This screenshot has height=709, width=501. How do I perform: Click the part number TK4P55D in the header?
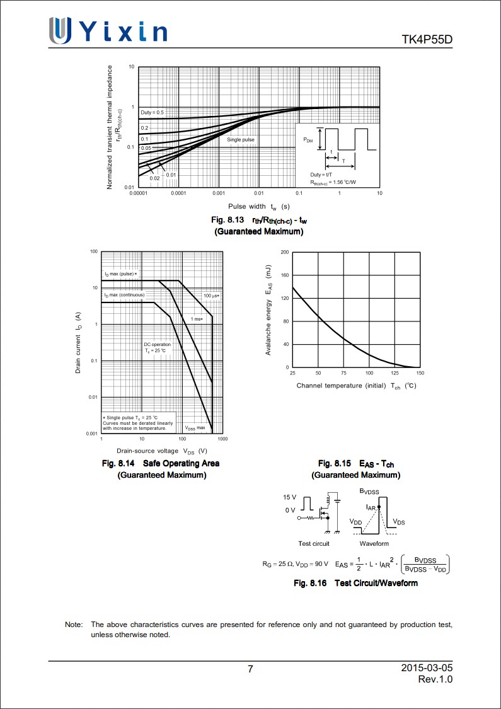[x=427, y=40]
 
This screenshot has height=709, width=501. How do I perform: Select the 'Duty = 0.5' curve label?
[x=152, y=112]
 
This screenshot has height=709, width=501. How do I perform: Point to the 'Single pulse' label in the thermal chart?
[x=241, y=139]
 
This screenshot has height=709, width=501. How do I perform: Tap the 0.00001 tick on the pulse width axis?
[x=138, y=193]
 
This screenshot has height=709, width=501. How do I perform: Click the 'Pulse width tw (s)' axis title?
[x=259, y=206]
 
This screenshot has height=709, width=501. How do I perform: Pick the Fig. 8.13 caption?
[x=259, y=221]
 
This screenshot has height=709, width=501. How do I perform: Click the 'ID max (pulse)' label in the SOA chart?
[x=120, y=274]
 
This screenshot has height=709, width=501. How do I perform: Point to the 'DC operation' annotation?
[x=157, y=345]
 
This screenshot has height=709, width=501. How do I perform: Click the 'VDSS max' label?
[x=195, y=427]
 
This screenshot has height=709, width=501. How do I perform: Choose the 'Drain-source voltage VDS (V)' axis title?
[x=162, y=451]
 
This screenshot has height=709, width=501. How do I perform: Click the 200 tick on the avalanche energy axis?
[x=284, y=252]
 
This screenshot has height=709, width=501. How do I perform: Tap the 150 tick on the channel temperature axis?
[x=420, y=374]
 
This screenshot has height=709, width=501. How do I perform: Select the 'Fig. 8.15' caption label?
[x=333, y=464]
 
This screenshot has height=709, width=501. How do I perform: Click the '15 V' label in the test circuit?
[x=289, y=497]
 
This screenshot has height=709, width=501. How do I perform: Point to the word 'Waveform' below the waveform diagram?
[x=374, y=543]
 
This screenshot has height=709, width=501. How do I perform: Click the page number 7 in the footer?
[x=251, y=669]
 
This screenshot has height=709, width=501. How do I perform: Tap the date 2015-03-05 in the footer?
[x=427, y=667]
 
